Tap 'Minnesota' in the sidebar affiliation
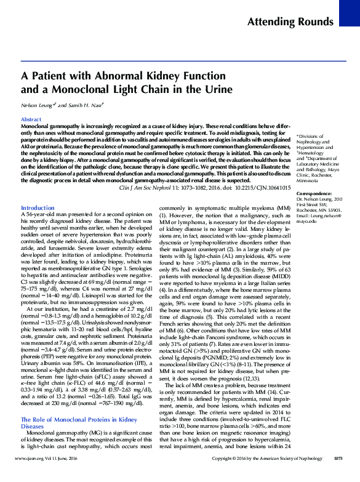[x=311, y=182]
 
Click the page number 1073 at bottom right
[x=337, y=475]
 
